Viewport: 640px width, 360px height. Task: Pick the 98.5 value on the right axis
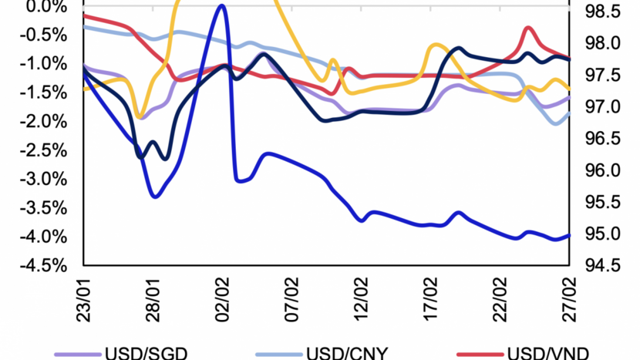[601, 12]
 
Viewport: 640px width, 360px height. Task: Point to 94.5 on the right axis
[601, 266]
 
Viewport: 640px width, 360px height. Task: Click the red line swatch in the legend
[476, 354]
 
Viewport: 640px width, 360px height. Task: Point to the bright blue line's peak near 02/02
[222, 5]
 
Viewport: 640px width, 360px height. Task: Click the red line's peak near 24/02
[528, 29]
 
